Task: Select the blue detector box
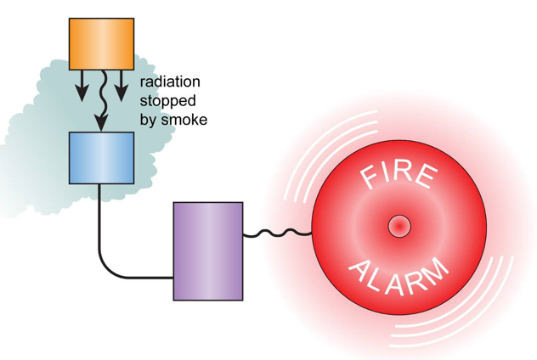(101, 158)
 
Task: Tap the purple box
(208, 251)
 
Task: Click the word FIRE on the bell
(399, 177)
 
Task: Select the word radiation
(169, 82)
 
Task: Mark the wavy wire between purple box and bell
(278, 231)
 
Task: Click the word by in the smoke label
(150, 120)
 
